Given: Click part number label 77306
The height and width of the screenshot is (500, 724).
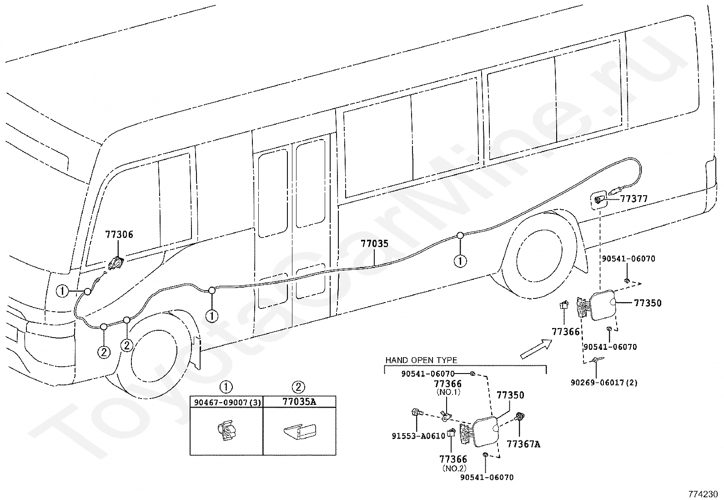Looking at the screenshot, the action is [119, 234].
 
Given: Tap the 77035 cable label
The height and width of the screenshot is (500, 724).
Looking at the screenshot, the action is [375, 243].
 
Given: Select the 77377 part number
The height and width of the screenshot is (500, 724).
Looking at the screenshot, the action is [634, 198].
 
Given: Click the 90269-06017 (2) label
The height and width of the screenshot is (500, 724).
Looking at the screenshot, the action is [604, 383].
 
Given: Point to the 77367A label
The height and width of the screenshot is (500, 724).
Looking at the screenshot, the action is [523, 444].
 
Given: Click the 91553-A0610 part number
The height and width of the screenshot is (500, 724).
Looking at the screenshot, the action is [418, 436].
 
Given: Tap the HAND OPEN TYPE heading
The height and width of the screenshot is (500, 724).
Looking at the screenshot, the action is [421, 360].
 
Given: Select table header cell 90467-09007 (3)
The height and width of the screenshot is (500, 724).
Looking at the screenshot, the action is [226, 402].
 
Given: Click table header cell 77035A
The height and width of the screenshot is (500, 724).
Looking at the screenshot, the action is [299, 402].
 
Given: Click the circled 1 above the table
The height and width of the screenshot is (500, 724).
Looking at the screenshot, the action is [226, 387].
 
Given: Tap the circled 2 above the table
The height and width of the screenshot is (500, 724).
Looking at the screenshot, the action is [298, 387].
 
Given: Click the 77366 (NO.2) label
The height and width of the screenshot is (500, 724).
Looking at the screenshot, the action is [453, 463].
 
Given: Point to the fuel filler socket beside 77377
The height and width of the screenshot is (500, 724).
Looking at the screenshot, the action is [598, 201].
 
